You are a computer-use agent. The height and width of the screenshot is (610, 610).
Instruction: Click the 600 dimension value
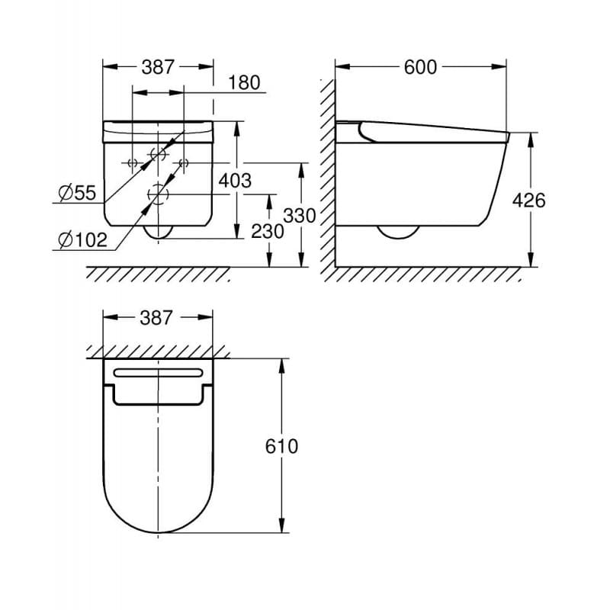point(420,68)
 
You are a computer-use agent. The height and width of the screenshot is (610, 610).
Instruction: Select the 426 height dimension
point(530,201)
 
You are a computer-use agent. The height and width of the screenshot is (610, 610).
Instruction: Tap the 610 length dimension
point(282,446)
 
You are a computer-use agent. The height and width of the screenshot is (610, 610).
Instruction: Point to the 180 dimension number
point(245,83)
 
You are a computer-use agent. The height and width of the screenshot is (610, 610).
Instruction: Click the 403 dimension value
point(234,181)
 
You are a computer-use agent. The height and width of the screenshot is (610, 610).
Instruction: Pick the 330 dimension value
point(300,216)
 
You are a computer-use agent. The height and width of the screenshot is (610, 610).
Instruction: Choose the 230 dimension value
point(268,232)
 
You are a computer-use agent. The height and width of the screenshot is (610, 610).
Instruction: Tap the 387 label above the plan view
point(157,318)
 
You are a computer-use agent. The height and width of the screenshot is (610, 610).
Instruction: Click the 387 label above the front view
point(158,68)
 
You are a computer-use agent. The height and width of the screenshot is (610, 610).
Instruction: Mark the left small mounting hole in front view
point(132,162)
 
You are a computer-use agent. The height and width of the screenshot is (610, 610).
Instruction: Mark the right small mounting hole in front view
point(183,162)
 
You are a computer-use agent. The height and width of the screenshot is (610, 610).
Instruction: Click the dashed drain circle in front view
point(158,195)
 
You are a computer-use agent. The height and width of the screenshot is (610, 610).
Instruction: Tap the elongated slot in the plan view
point(158,373)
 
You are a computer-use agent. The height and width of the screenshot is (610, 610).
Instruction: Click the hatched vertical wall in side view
point(326,175)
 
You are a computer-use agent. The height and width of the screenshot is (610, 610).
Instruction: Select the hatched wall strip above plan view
point(158,351)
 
